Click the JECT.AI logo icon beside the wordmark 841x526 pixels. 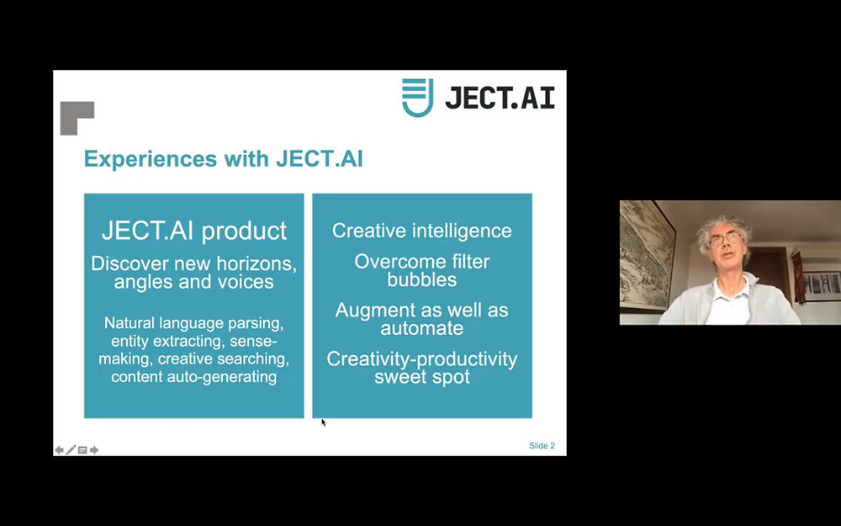[x=417, y=97]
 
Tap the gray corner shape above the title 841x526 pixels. [x=77, y=118]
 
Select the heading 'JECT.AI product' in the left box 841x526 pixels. [x=194, y=231]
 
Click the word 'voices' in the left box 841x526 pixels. [x=246, y=282]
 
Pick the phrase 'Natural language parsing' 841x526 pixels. [x=193, y=323]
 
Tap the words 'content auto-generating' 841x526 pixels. [x=193, y=377]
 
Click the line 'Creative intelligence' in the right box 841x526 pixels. [x=422, y=231]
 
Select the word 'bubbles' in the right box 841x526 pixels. [x=422, y=279]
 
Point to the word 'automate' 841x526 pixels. [x=421, y=328]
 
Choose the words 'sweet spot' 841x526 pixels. [x=422, y=377]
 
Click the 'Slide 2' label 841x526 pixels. [x=542, y=445]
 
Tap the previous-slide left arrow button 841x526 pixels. [x=60, y=449]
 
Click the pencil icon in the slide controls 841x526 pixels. [x=71, y=449]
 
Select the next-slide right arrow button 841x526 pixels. [x=94, y=449]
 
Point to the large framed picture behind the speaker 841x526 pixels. [x=647, y=256]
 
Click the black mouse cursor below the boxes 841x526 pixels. [x=324, y=422]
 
